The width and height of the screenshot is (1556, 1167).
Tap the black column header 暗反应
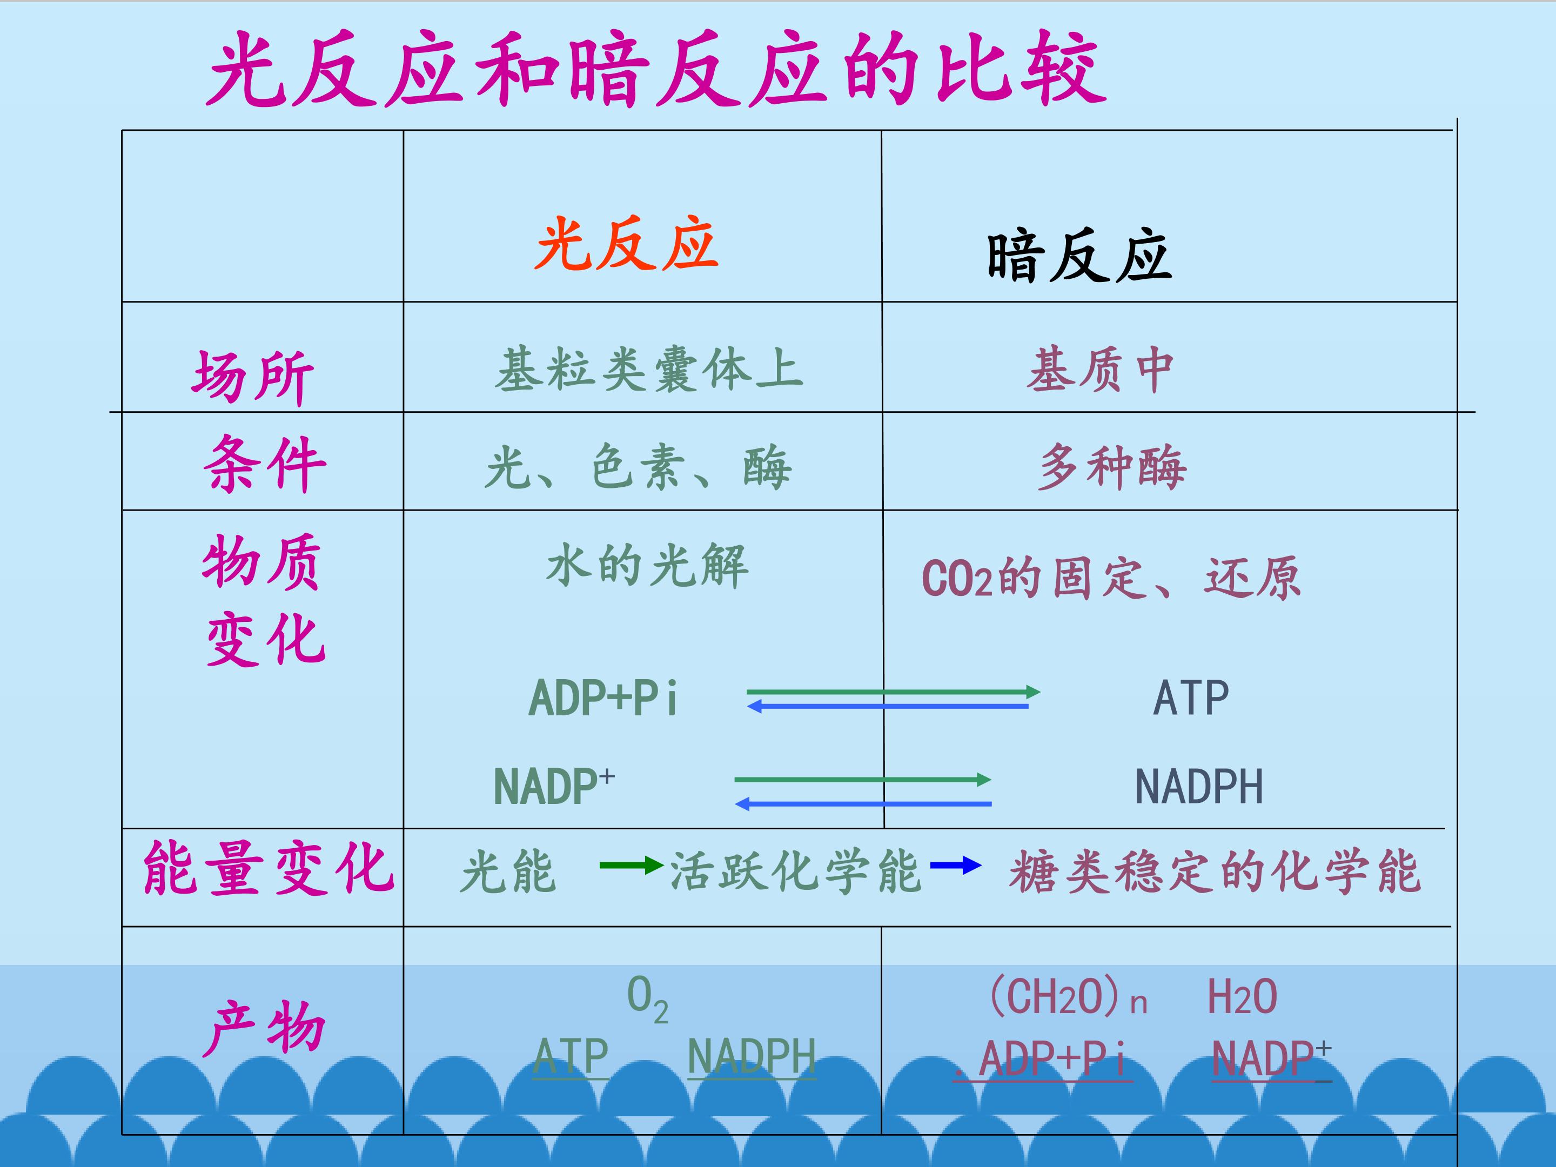[x=1079, y=256]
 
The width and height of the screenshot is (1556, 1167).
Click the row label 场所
[x=252, y=377]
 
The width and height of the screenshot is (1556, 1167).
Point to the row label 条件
[x=265, y=463]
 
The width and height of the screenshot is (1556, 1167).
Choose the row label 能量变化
[x=269, y=871]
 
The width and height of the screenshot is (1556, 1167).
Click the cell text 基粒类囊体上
[x=648, y=370]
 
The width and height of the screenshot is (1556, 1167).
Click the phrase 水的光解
[x=647, y=566]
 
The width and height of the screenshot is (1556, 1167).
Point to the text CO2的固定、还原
[x=1111, y=578]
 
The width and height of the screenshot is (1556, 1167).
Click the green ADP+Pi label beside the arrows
[x=603, y=698]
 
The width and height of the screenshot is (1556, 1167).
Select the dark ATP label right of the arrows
[x=1191, y=698]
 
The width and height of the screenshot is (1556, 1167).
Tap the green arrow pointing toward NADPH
[x=862, y=780]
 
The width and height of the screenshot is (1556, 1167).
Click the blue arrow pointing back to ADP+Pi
[x=887, y=706]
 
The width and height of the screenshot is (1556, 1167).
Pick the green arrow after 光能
[x=632, y=865]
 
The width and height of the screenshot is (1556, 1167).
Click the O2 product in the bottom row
[x=647, y=999]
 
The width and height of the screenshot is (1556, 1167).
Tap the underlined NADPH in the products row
[x=752, y=1057]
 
